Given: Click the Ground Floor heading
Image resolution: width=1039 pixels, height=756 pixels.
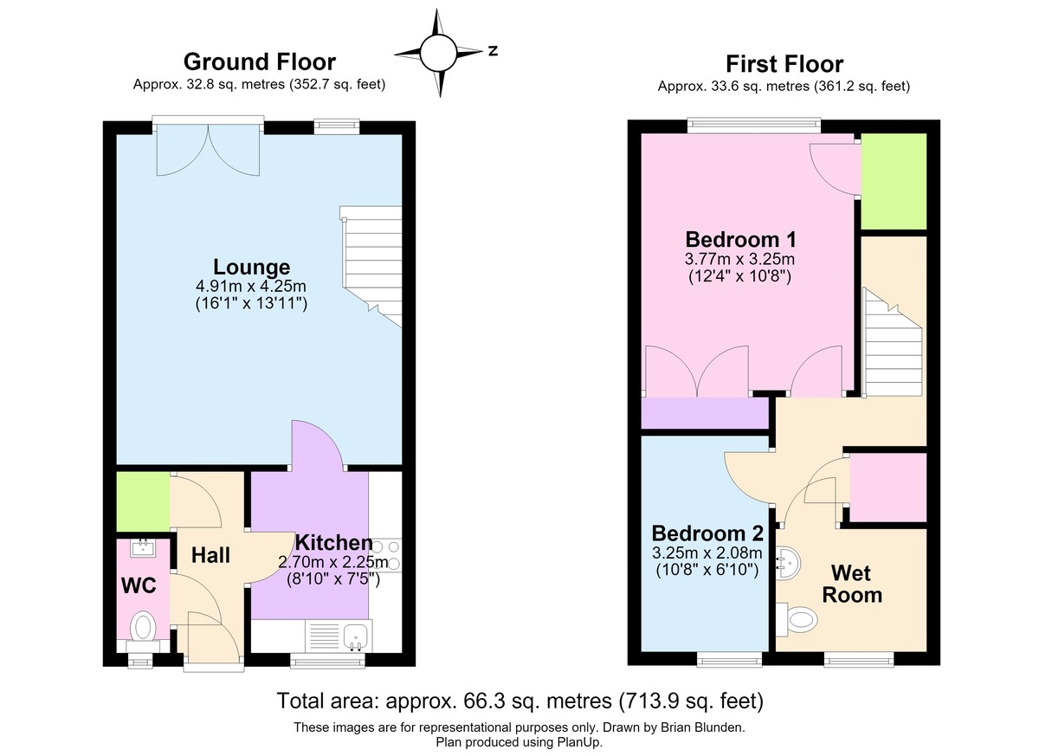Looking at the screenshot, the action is (259, 61).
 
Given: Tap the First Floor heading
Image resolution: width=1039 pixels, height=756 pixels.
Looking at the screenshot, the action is (784, 64).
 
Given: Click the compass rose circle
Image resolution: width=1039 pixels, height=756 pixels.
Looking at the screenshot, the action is (438, 53).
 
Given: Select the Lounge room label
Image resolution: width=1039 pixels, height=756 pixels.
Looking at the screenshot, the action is (251, 267).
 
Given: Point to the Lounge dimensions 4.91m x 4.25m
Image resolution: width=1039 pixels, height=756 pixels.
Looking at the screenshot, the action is (251, 286).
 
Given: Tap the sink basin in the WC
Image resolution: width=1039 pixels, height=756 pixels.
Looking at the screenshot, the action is (144, 548).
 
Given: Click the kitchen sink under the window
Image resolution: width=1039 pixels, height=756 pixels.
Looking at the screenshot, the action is (356, 635).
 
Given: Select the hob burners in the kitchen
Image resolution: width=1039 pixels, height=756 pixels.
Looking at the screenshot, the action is (387, 555).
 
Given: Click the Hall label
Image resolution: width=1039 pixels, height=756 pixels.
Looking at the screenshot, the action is (210, 555).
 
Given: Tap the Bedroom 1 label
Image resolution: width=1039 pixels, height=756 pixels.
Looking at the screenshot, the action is (740, 240).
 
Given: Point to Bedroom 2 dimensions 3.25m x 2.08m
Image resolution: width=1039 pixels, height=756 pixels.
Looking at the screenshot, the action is (707, 552).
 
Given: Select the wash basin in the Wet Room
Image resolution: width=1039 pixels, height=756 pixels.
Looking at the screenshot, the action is (788, 563).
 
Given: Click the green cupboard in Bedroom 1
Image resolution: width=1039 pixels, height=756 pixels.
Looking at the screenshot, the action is (894, 181).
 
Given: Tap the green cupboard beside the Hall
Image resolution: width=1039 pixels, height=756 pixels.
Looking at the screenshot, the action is (143, 502).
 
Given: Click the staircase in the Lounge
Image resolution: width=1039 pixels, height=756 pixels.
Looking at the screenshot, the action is (371, 266).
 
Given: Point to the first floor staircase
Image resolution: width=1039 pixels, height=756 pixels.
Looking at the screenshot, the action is (892, 342).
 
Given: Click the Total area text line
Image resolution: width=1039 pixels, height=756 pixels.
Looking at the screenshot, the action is (520, 701).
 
